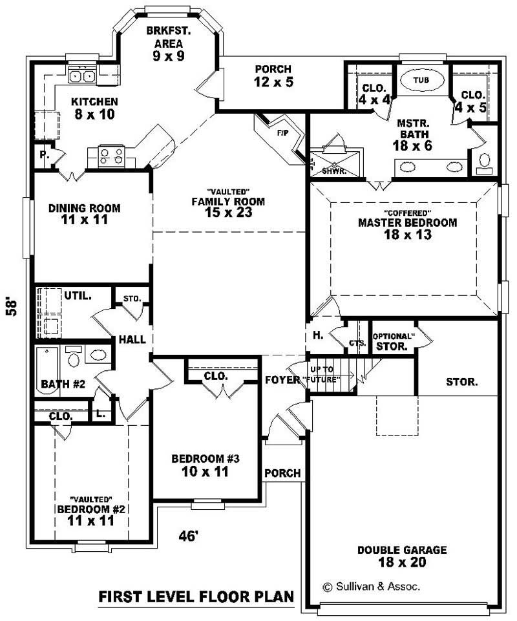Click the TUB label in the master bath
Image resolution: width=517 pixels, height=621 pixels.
[x=421, y=79]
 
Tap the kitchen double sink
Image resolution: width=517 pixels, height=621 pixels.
[x=83, y=76]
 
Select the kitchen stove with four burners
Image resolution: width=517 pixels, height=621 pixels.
[x=111, y=155]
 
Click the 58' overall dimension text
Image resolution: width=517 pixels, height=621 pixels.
[x=11, y=305]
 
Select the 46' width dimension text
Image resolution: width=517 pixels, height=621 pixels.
[x=188, y=535]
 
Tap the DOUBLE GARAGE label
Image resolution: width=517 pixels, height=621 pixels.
[x=401, y=550]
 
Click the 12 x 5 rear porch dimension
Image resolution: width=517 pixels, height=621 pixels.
[x=272, y=82]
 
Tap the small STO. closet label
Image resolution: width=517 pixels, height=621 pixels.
[x=132, y=299]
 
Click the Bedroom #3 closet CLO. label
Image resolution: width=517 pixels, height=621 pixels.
[x=214, y=376]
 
